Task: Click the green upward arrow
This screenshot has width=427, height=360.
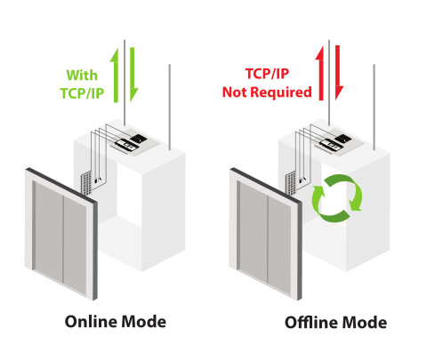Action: coord(115,76)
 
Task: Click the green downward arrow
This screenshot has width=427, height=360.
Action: coord(133,75)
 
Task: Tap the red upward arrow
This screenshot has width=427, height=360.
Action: coord(319,73)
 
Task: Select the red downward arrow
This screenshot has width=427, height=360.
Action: coord(339,73)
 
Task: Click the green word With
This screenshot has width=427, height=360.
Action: coord(82,76)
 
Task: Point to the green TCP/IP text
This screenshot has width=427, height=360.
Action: coord(82,93)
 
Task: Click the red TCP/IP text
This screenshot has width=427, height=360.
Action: coord(267,74)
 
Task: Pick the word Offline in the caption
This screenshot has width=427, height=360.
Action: coord(310,323)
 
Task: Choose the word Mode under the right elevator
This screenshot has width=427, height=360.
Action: coord(363,323)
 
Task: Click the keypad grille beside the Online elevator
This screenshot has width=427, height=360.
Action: coord(86,184)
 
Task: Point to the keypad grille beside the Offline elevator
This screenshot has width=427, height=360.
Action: coord(291,184)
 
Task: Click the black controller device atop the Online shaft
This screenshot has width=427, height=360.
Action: coord(140,138)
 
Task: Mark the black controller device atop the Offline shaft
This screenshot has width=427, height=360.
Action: coord(343,138)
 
